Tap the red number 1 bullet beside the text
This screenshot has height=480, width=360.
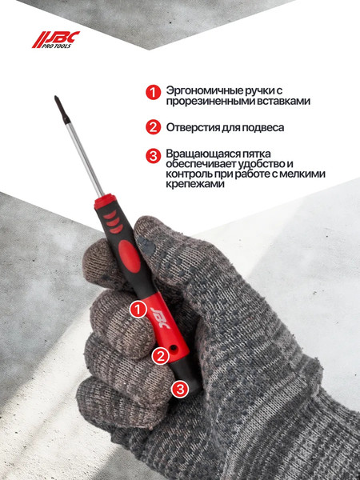click(153, 93)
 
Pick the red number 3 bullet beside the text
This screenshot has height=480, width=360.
click(153, 155)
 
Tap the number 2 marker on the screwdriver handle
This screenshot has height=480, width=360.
click(160, 354)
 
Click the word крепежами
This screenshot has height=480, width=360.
click(195, 184)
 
